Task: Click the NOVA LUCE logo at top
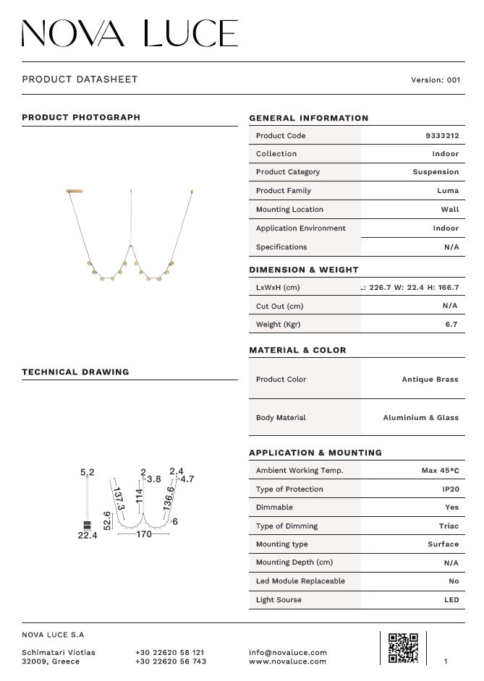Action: point(130,33)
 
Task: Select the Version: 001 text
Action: point(435,80)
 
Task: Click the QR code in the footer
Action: point(403,648)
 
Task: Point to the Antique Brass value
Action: point(430,380)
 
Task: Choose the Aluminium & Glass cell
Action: point(420,418)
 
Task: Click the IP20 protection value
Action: point(451,489)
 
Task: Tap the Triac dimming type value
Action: point(449,526)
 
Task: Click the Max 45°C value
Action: point(440,471)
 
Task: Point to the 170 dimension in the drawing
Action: point(144,535)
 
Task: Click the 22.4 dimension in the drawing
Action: point(88,536)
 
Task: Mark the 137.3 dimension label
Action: point(119,498)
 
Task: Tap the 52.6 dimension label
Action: point(107,521)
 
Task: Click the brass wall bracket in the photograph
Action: point(75,192)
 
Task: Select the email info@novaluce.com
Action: point(287,652)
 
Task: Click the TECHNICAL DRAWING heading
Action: point(75,372)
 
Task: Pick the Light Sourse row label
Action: point(279,600)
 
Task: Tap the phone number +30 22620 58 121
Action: point(169,652)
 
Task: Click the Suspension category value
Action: point(436,172)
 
